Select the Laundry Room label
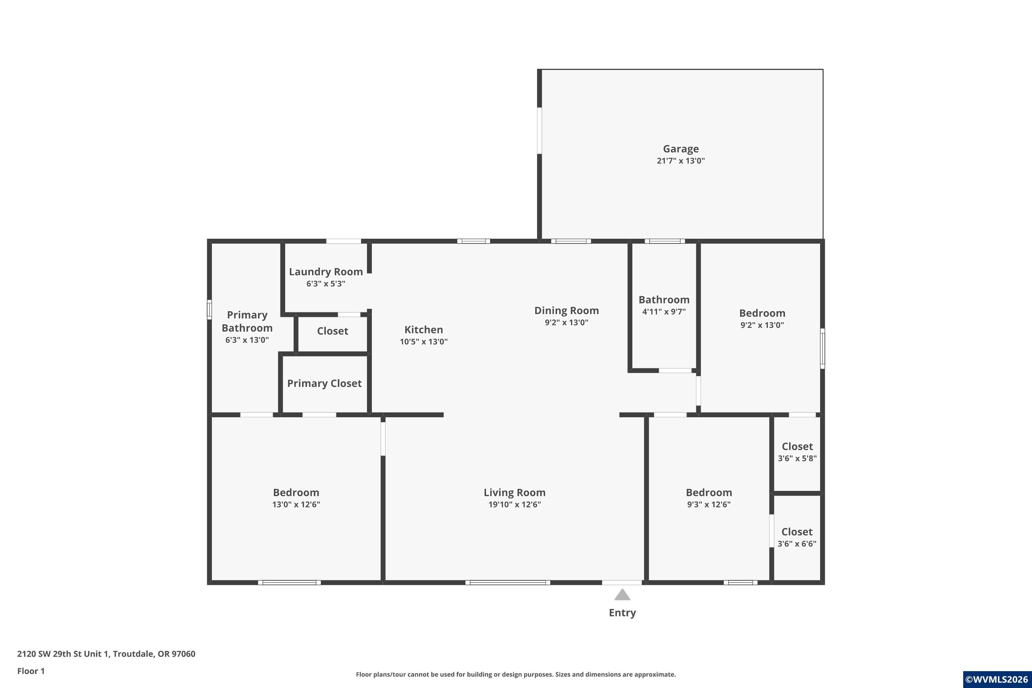325,272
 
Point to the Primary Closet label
324,384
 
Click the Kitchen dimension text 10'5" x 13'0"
423,341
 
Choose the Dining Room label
567,311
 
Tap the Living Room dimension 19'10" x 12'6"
514,504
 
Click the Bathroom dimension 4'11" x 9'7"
664,312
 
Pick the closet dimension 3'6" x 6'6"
797,544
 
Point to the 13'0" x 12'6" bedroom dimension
296,504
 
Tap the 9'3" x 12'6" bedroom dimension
709,504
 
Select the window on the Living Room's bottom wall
508,583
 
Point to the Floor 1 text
31,671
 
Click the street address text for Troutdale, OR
106,654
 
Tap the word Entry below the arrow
622,613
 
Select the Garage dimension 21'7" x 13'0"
680,161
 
